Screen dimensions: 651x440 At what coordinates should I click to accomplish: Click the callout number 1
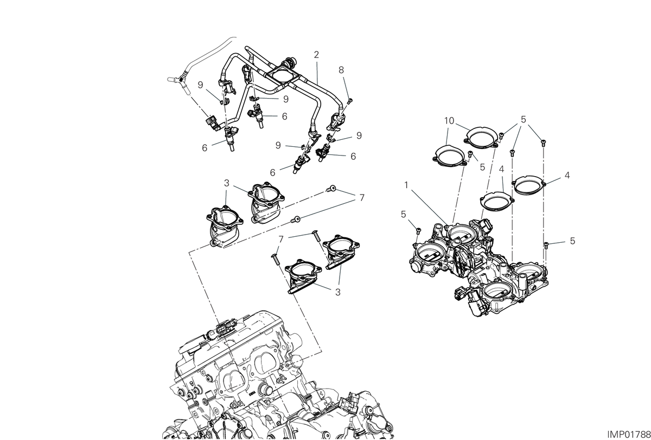pyautogui.click(x=406, y=185)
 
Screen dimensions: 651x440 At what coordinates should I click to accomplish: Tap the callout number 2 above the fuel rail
pyautogui.click(x=316, y=55)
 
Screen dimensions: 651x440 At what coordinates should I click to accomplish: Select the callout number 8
pyautogui.click(x=341, y=70)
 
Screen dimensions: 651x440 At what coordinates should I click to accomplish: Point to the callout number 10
pyautogui.click(x=449, y=121)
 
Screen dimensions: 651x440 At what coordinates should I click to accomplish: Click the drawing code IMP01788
pyautogui.click(x=628, y=434)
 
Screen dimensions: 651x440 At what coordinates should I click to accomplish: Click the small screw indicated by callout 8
pyautogui.click(x=350, y=101)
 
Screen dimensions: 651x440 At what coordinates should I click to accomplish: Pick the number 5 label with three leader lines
pyautogui.click(x=524, y=119)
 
